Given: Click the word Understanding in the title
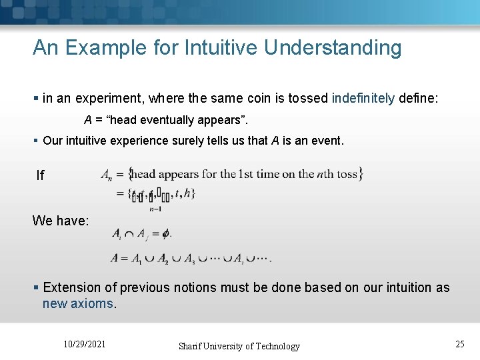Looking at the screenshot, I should tap(333, 48).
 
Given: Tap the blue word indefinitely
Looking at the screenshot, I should tap(363, 99).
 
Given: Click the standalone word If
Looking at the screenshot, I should tap(41, 175).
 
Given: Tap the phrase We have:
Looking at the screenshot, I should tap(61, 220).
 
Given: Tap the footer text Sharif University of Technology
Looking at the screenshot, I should tap(239, 346).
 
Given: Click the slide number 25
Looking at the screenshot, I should tap(459, 344).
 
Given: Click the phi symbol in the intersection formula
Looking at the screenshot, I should tap(166, 234).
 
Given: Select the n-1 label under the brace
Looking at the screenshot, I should tap(155, 209).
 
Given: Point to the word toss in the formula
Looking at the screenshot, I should tap(347, 175).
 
